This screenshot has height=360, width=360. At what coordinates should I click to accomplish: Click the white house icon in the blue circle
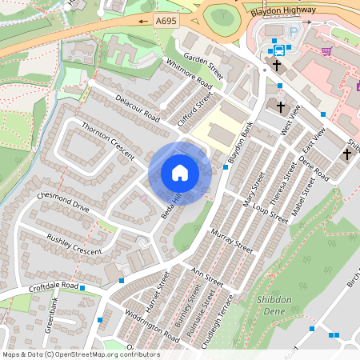tap(179, 173)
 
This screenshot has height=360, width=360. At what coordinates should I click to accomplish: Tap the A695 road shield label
tap(166, 22)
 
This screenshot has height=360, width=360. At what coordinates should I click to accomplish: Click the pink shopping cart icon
tap(326, 51)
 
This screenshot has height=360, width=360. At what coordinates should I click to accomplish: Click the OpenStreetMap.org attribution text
tap(80, 354)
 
